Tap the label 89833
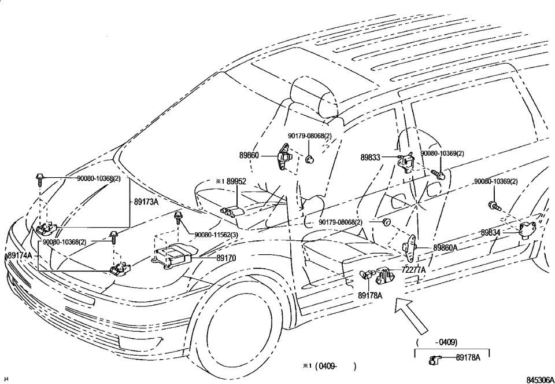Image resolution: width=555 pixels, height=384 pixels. pos(370,157)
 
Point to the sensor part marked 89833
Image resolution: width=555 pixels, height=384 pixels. pos(407,162)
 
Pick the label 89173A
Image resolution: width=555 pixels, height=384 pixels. pos(146,203)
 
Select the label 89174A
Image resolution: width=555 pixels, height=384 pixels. pos(19,255)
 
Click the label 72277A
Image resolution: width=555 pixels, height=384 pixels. pos(414,269)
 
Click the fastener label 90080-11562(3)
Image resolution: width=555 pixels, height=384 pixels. pos(216,235)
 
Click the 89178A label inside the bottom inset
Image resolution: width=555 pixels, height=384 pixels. pos(468,358)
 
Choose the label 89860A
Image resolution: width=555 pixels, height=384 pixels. pos(445,247)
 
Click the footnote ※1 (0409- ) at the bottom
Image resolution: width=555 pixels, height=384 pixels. pos(328,366)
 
